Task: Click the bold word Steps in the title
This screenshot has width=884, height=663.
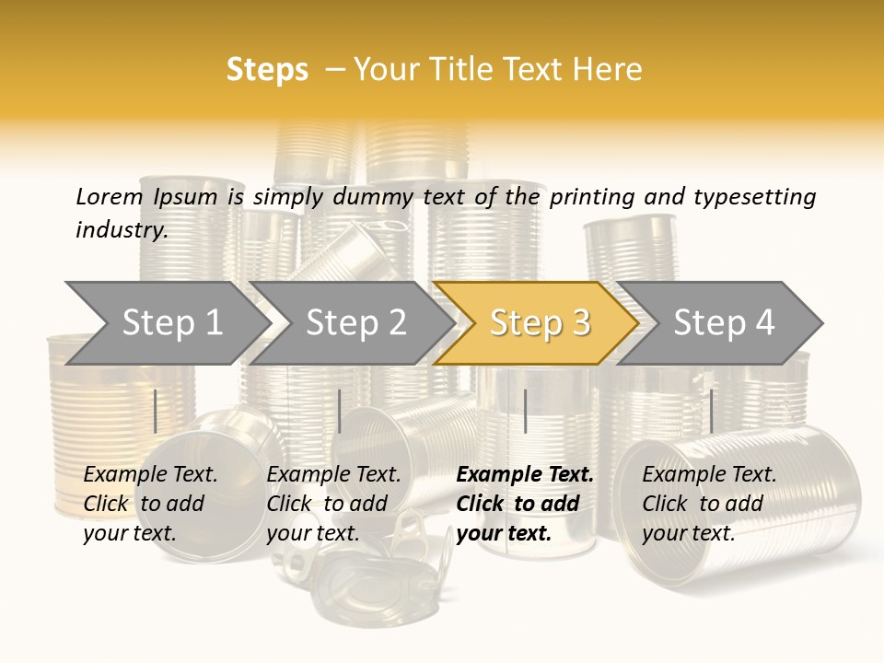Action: coord(267,70)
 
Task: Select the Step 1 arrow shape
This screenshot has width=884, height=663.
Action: coord(168,323)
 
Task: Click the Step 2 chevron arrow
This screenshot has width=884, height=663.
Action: coord(351,323)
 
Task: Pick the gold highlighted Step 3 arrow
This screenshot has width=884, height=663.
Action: coord(536,323)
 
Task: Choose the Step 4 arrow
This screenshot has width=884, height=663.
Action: coord(719,323)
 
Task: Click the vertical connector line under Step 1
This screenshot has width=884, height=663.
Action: coord(155,411)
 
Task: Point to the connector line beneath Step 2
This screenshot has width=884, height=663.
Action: coord(340,411)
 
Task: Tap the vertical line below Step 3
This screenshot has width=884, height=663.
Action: coord(526,411)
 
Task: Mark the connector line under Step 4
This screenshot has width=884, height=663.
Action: coord(712,411)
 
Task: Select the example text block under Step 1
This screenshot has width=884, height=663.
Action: coord(150,504)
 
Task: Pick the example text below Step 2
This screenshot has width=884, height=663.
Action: coord(333,504)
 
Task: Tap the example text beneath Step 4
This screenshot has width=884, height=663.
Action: coord(709,504)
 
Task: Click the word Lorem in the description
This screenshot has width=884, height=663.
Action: coord(110,197)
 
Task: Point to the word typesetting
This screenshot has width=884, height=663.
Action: coord(755,198)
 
